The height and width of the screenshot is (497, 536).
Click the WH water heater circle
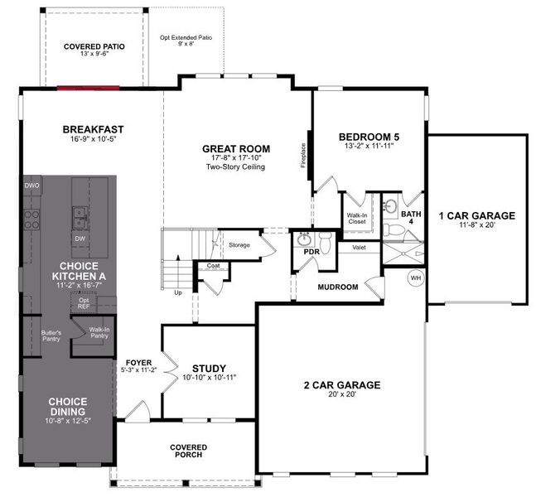[x=415, y=277]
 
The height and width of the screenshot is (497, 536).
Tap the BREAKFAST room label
[x=93, y=129]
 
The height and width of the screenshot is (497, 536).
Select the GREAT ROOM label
[x=236, y=149]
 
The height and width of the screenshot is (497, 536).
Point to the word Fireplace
[x=303, y=155]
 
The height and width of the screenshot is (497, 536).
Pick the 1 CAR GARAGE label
[x=477, y=215]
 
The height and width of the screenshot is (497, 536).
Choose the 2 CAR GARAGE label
[x=342, y=385]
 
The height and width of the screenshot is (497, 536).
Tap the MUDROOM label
[x=338, y=287]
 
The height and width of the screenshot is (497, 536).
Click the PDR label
[x=311, y=252]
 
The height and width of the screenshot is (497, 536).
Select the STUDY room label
[x=209, y=369]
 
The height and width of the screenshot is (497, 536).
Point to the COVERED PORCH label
[x=188, y=451]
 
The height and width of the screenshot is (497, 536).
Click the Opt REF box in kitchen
[x=84, y=302]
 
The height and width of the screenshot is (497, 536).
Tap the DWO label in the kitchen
[x=31, y=186]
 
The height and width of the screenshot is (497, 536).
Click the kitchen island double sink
[x=80, y=218]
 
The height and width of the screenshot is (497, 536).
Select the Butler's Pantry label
[x=51, y=335]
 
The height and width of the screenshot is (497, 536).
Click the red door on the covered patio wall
[x=88, y=88]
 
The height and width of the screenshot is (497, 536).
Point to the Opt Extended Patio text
[x=186, y=41]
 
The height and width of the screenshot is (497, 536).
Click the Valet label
[x=359, y=248]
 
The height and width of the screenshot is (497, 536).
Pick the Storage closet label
[x=239, y=245]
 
